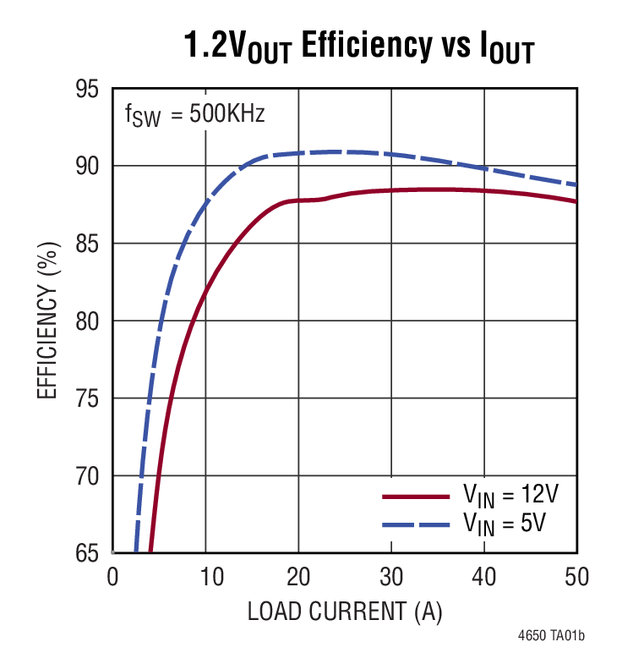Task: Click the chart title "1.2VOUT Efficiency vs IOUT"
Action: pyautogui.click(x=359, y=48)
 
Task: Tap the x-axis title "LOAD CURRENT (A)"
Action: pyautogui.click(x=345, y=612)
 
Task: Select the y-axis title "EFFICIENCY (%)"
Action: pyautogui.click(x=47, y=321)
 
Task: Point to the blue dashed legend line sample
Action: pyautogui.click(x=416, y=525)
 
